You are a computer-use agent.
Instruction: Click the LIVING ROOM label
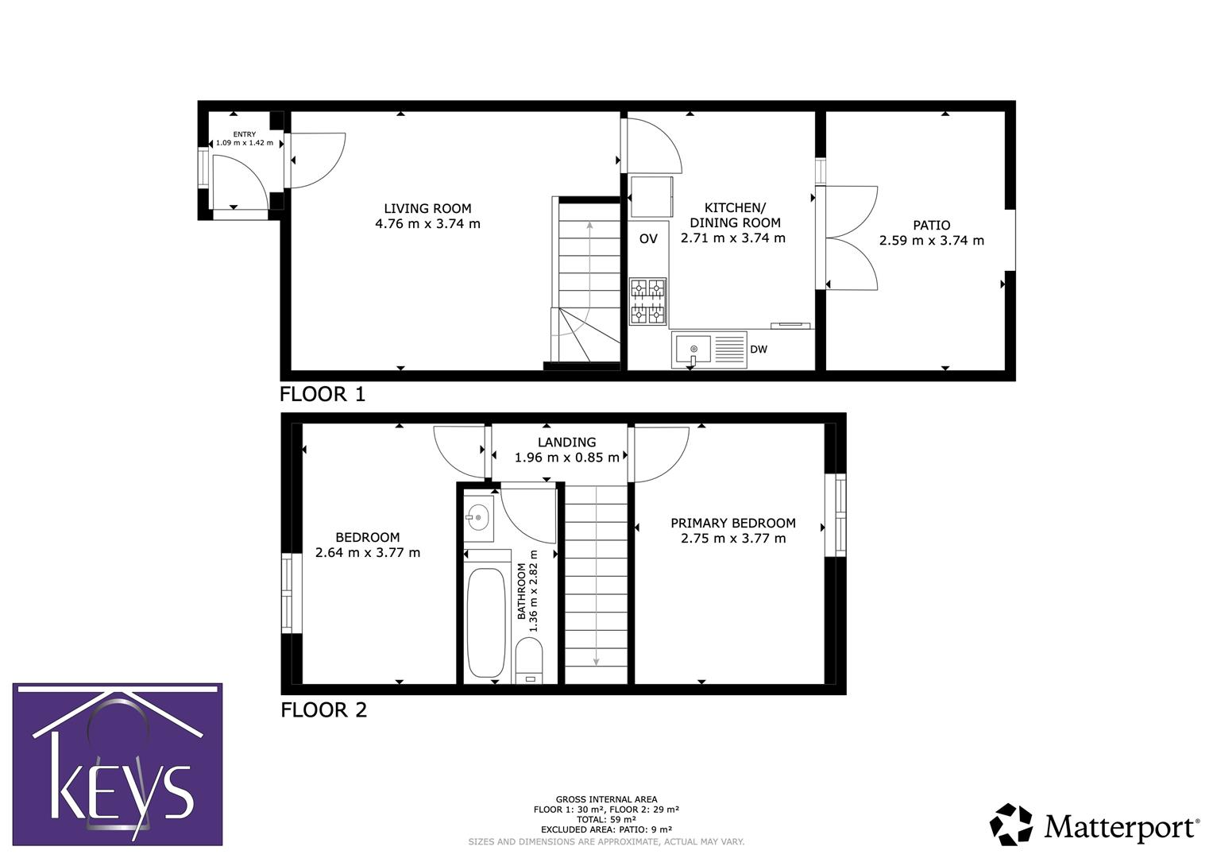427,209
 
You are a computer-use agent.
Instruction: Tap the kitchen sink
693,350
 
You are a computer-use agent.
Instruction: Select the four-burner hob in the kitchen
647,301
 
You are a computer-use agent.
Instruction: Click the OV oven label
648,238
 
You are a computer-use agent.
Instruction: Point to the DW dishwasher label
759,350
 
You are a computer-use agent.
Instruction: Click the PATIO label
931,226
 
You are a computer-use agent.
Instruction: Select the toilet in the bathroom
529,661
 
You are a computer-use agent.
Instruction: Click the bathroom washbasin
479,518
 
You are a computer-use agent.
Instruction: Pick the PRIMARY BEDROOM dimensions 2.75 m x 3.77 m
732,539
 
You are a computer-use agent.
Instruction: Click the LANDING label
566,443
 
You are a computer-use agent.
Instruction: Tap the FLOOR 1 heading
323,394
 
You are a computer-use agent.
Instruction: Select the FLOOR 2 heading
323,709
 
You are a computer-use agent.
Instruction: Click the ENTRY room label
245,134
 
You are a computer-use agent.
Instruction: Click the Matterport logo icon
1010,825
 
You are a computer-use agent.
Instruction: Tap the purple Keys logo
118,764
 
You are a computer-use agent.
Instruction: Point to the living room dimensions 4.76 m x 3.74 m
427,224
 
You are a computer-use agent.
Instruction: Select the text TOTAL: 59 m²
606,819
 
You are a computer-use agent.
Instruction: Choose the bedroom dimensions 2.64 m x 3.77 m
368,553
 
